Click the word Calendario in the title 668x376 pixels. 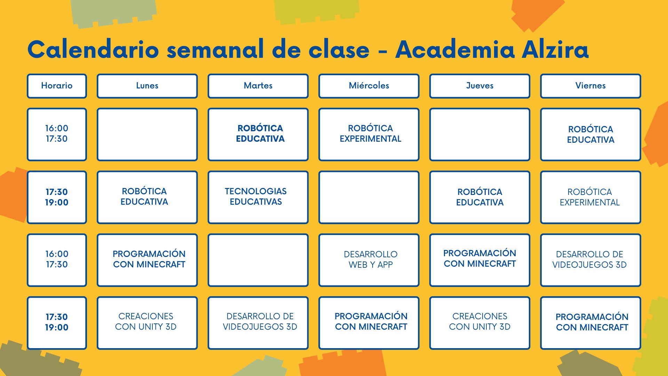[x=93, y=49]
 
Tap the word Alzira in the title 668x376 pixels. [x=555, y=49]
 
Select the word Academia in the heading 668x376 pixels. [x=455, y=49]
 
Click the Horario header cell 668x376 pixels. [x=57, y=86]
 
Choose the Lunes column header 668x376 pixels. [x=147, y=86]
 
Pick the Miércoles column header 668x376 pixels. [x=369, y=86]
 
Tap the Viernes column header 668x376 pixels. [x=590, y=86]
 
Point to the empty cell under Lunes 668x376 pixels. [x=147, y=134]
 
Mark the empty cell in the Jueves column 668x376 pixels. [x=480, y=134]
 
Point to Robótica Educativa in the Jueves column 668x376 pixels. [x=480, y=197]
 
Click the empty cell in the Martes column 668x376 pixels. [x=258, y=260]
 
